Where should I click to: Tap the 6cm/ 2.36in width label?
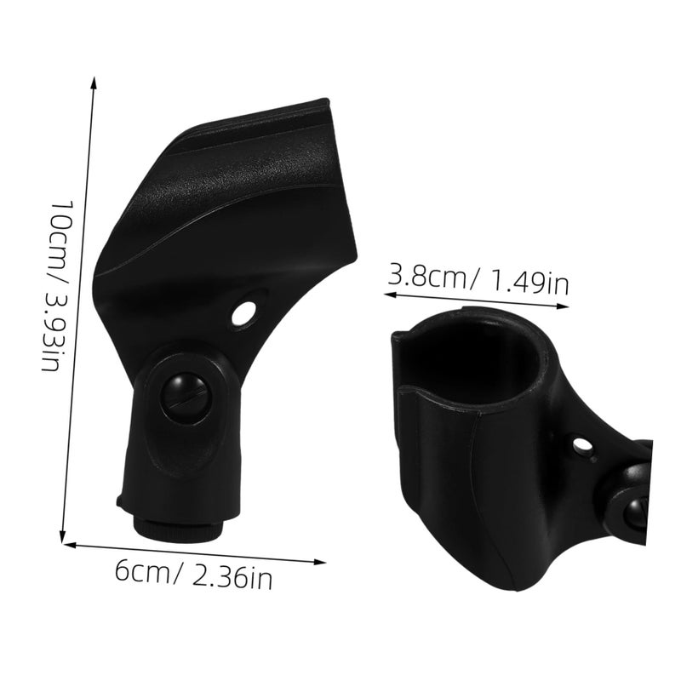tap(194, 574)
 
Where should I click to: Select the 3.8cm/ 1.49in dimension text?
tap(478, 278)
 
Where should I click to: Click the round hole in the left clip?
tap(243, 312)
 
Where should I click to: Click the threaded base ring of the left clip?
tap(178, 527)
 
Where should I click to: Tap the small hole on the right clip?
tap(581, 445)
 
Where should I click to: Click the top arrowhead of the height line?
tap(93, 83)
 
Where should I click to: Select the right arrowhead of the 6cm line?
tap(320, 562)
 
